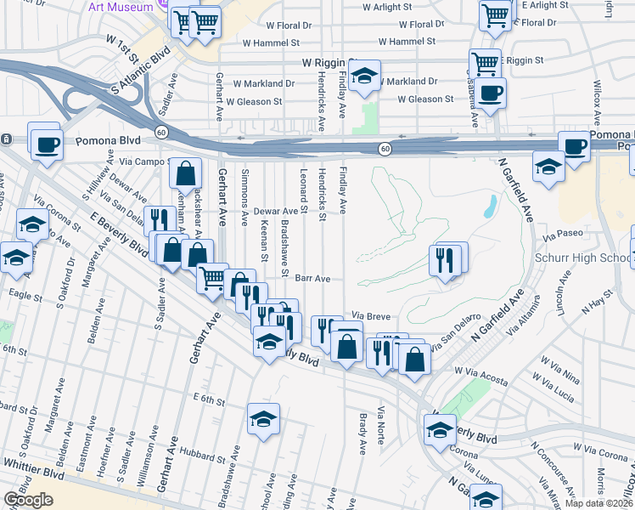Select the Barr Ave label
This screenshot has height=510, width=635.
point(312,278)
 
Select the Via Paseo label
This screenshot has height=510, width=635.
point(565,231)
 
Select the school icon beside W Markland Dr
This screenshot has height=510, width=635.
point(364,76)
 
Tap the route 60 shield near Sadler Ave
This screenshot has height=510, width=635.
point(160,131)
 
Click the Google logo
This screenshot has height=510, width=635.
point(29,499)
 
